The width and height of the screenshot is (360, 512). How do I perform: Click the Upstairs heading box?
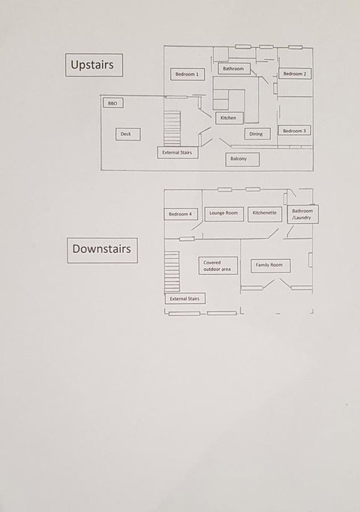tap(94, 65)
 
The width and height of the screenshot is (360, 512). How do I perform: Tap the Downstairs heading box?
tap(103, 250)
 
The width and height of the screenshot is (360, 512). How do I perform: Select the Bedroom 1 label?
tap(187, 74)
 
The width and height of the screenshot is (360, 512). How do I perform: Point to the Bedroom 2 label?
tap(295, 74)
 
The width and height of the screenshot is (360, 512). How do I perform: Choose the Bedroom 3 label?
tap(295, 131)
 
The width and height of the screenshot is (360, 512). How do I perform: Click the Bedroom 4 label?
tap(180, 214)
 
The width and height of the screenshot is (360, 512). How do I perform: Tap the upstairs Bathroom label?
tap(233, 68)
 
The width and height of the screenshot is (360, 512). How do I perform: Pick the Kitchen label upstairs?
tap(229, 118)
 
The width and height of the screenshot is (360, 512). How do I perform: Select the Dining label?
tap(257, 134)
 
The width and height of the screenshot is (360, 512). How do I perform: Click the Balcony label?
tap(242, 159)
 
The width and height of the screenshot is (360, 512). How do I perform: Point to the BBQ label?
tap(112, 103)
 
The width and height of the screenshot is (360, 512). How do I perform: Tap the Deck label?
tap(128, 134)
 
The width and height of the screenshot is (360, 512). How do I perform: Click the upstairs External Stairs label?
tap(178, 152)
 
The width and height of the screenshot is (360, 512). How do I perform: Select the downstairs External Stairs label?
tap(185, 299)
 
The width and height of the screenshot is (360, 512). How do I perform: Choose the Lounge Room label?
tap(224, 213)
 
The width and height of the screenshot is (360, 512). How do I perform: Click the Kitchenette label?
tap(265, 214)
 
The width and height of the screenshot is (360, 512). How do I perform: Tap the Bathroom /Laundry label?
tap(302, 214)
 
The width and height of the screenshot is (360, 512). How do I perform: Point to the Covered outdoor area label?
tap(218, 266)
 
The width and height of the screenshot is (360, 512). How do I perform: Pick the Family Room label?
tap(270, 266)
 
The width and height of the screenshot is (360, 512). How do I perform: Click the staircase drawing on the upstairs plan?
tap(172, 128)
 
